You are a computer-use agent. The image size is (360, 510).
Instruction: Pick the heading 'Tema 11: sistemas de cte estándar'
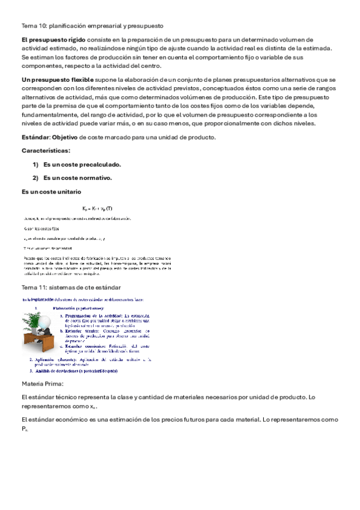point(71,287)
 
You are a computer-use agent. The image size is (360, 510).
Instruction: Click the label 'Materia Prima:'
point(41,383)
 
